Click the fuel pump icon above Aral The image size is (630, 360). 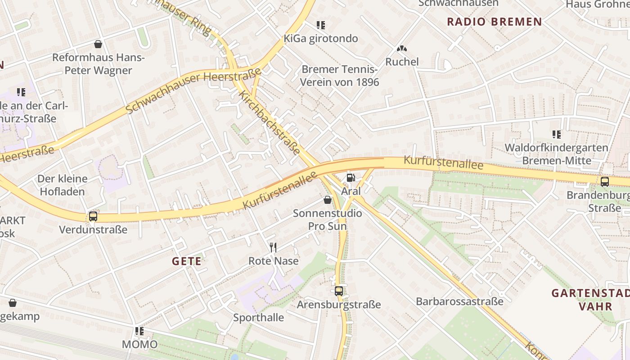pos(351,178)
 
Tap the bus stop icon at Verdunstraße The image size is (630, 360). pos(93,216)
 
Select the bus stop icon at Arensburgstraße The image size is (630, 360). pos(339,291)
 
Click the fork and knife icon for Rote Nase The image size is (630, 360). pos(273,247)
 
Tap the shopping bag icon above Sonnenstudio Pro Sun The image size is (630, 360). pos(328,199)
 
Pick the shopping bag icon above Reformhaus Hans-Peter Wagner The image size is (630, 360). pos(98,44)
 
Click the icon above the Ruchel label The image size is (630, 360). pos(401,48)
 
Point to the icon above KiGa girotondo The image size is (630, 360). pos(320,25)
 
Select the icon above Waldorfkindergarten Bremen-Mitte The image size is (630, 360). pos(557,134)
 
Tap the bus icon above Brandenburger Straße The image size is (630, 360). pos(605,182)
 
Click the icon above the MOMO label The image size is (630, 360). pos(139,331)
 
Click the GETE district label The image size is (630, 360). pos(187,261)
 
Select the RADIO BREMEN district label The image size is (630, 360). pos(494,22)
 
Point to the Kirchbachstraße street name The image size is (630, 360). pos(269,122)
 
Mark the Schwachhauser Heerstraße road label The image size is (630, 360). pos(194,90)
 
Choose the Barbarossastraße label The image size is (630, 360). pos(459,301)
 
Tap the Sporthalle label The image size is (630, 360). pos(258,318)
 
